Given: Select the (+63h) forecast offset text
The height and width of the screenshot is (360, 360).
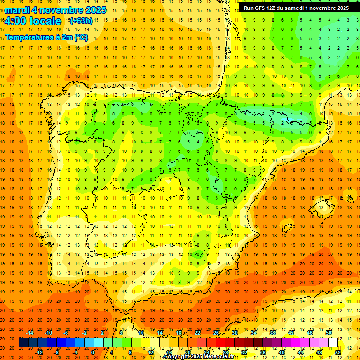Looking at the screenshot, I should pyautogui.click(x=81, y=21).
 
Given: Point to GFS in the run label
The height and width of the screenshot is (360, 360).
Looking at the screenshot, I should pyautogui.click(x=265, y=8).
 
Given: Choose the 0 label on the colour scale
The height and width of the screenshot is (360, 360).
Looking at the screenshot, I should pyautogui.click(x=93, y=352).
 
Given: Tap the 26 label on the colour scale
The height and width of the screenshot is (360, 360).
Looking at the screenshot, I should pyautogui.click(x=216, y=333).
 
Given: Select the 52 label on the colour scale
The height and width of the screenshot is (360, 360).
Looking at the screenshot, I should pyautogui.click(x=338, y=352).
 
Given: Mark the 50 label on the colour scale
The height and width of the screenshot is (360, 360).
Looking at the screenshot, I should pyautogui.click(x=329, y=333).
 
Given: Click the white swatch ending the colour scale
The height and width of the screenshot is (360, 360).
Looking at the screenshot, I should pyautogui.click(x=333, y=343).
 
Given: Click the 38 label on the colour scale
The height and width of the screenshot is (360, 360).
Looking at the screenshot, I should pyautogui.click(x=272, y=333).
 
